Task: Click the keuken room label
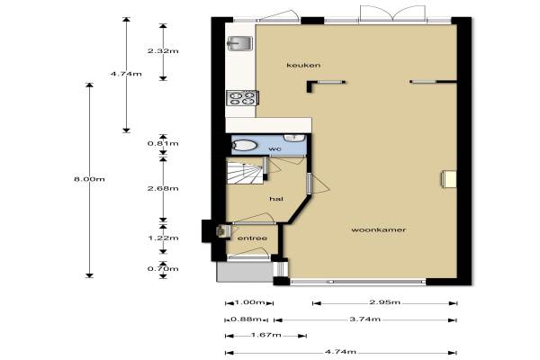(x=303, y=65)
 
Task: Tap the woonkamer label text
(x=379, y=229)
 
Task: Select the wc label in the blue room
(x=274, y=148)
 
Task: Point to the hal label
(x=276, y=199)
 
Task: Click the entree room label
(x=252, y=238)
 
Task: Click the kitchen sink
(x=240, y=44)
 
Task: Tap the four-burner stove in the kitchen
(x=242, y=97)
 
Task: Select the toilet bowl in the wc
(x=245, y=146)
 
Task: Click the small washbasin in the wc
(x=294, y=138)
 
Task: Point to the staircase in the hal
(x=245, y=171)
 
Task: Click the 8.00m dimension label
(x=89, y=179)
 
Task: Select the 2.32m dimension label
(x=163, y=51)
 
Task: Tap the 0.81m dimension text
(x=163, y=143)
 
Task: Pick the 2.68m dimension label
(x=163, y=188)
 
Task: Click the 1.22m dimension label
(x=163, y=238)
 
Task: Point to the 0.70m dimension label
(x=163, y=269)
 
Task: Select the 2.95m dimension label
(x=384, y=302)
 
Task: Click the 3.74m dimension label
(x=365, y=319)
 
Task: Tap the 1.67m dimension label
(x=265, y=335)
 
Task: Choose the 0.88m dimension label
(x=246, y=319)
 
